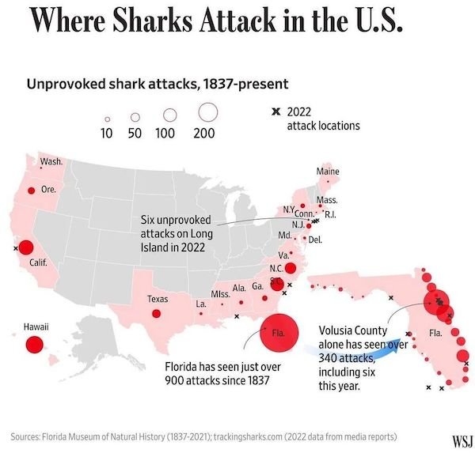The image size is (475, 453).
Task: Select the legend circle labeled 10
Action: (107, 119)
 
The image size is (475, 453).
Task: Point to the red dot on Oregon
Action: (31, 190)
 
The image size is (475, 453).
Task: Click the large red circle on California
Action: (25, 247)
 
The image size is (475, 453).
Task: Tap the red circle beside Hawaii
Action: (34, 345)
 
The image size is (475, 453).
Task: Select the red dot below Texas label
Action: (156, 314)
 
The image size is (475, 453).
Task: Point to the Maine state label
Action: (327, 172)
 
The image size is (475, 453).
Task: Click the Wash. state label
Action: (51, 161)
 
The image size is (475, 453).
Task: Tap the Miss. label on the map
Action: (221, 294)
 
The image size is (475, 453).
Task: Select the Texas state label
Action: (158, 300)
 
